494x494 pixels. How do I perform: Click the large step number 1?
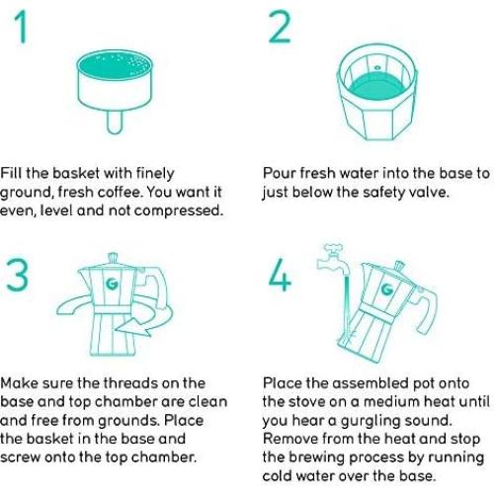22,27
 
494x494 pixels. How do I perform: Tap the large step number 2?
280,27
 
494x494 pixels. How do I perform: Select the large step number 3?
17,275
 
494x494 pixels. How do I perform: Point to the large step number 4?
280,275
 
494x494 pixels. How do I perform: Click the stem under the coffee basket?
115,123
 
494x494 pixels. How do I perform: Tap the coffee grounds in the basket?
115,65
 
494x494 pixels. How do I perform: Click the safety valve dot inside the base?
377,68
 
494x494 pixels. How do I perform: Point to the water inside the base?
376,87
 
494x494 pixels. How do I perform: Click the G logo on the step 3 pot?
112,284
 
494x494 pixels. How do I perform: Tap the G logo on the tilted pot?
387,288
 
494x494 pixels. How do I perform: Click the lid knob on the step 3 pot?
113,258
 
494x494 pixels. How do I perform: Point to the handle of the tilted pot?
427,308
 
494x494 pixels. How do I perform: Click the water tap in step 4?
331,260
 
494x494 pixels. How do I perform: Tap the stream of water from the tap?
346,308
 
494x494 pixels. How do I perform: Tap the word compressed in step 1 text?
179,211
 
